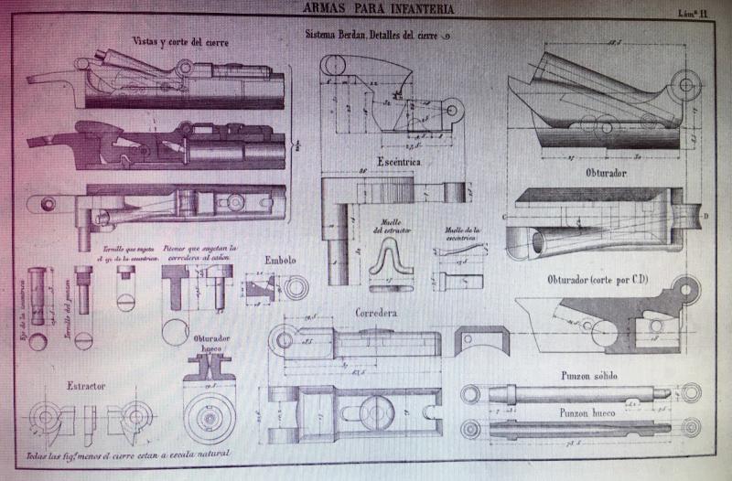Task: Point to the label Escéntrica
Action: (397, 161)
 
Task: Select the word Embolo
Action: (281, 260)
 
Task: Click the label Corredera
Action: (375, 313)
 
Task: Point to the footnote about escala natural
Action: (126, 454)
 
